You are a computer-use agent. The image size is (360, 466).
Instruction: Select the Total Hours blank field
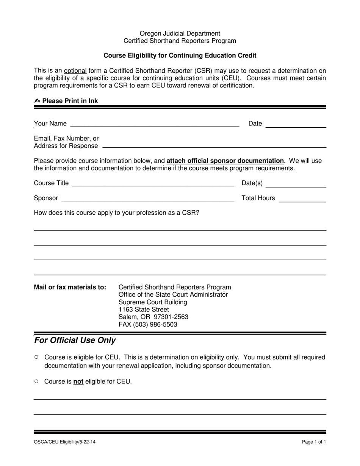click(x=302, y=200)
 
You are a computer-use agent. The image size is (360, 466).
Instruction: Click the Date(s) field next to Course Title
click(x=296, y=185)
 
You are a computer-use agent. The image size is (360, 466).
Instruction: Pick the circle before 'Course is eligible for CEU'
click(x=36, y=357)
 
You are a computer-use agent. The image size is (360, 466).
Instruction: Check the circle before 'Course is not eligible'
click(x=36, y=382)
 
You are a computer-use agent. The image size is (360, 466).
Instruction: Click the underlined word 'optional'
click(x=75, y=71)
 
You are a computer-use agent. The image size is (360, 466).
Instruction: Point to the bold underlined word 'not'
click(x=78, y=382)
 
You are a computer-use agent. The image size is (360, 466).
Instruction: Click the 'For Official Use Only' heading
click(x=75, y=340)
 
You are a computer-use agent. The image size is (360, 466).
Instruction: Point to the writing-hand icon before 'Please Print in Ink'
click(x=37, y=101)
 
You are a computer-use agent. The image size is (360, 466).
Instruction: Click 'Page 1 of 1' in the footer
click(x=314, y=442)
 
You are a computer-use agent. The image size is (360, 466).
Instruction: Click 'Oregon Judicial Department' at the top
click(x=180, y=33)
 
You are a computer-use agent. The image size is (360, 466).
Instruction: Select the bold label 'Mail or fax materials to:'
click(x=70, y=287)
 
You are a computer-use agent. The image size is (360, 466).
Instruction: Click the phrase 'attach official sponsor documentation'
click(x=225, y=161)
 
